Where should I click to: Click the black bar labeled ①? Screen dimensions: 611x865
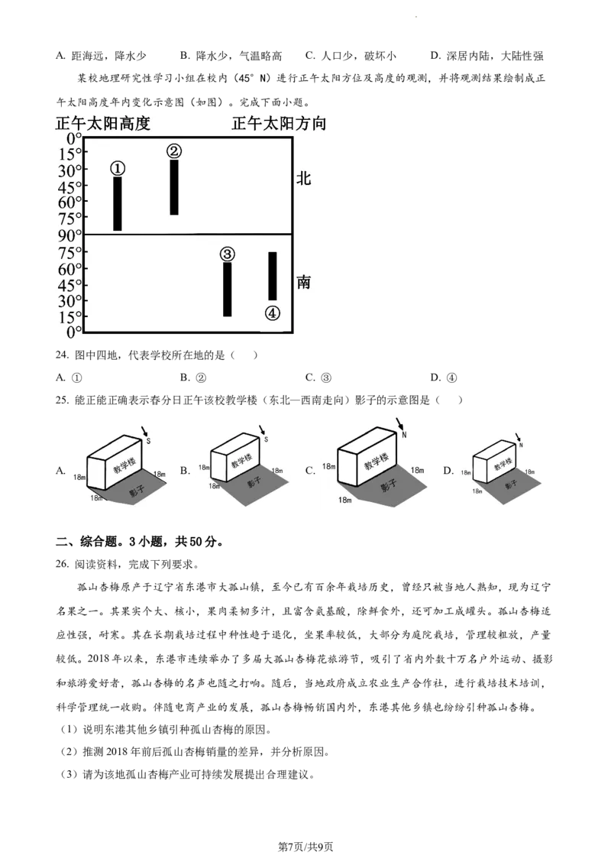click(118, 203)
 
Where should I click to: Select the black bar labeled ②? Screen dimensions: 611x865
click(173, 187)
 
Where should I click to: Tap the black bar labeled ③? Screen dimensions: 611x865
click(227, 289)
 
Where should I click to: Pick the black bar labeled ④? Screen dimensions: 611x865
click(273, 276)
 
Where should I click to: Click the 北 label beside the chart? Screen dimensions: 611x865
click(304, 178)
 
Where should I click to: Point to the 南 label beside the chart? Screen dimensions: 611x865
click(304, 282)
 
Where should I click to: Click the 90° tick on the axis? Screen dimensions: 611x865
click(70, 235)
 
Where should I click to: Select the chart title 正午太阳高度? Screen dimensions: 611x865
click(103, 124)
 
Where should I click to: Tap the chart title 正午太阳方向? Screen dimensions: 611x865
click(279, 124)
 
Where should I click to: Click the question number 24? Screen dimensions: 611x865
click(62, 355)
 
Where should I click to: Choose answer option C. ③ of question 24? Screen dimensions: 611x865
click(318, 378)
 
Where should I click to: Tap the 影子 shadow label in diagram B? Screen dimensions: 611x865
click(254, 481)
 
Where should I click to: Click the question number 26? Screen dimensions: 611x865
click(62, 565)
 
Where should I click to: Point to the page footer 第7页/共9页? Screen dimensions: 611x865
click(305, 846)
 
